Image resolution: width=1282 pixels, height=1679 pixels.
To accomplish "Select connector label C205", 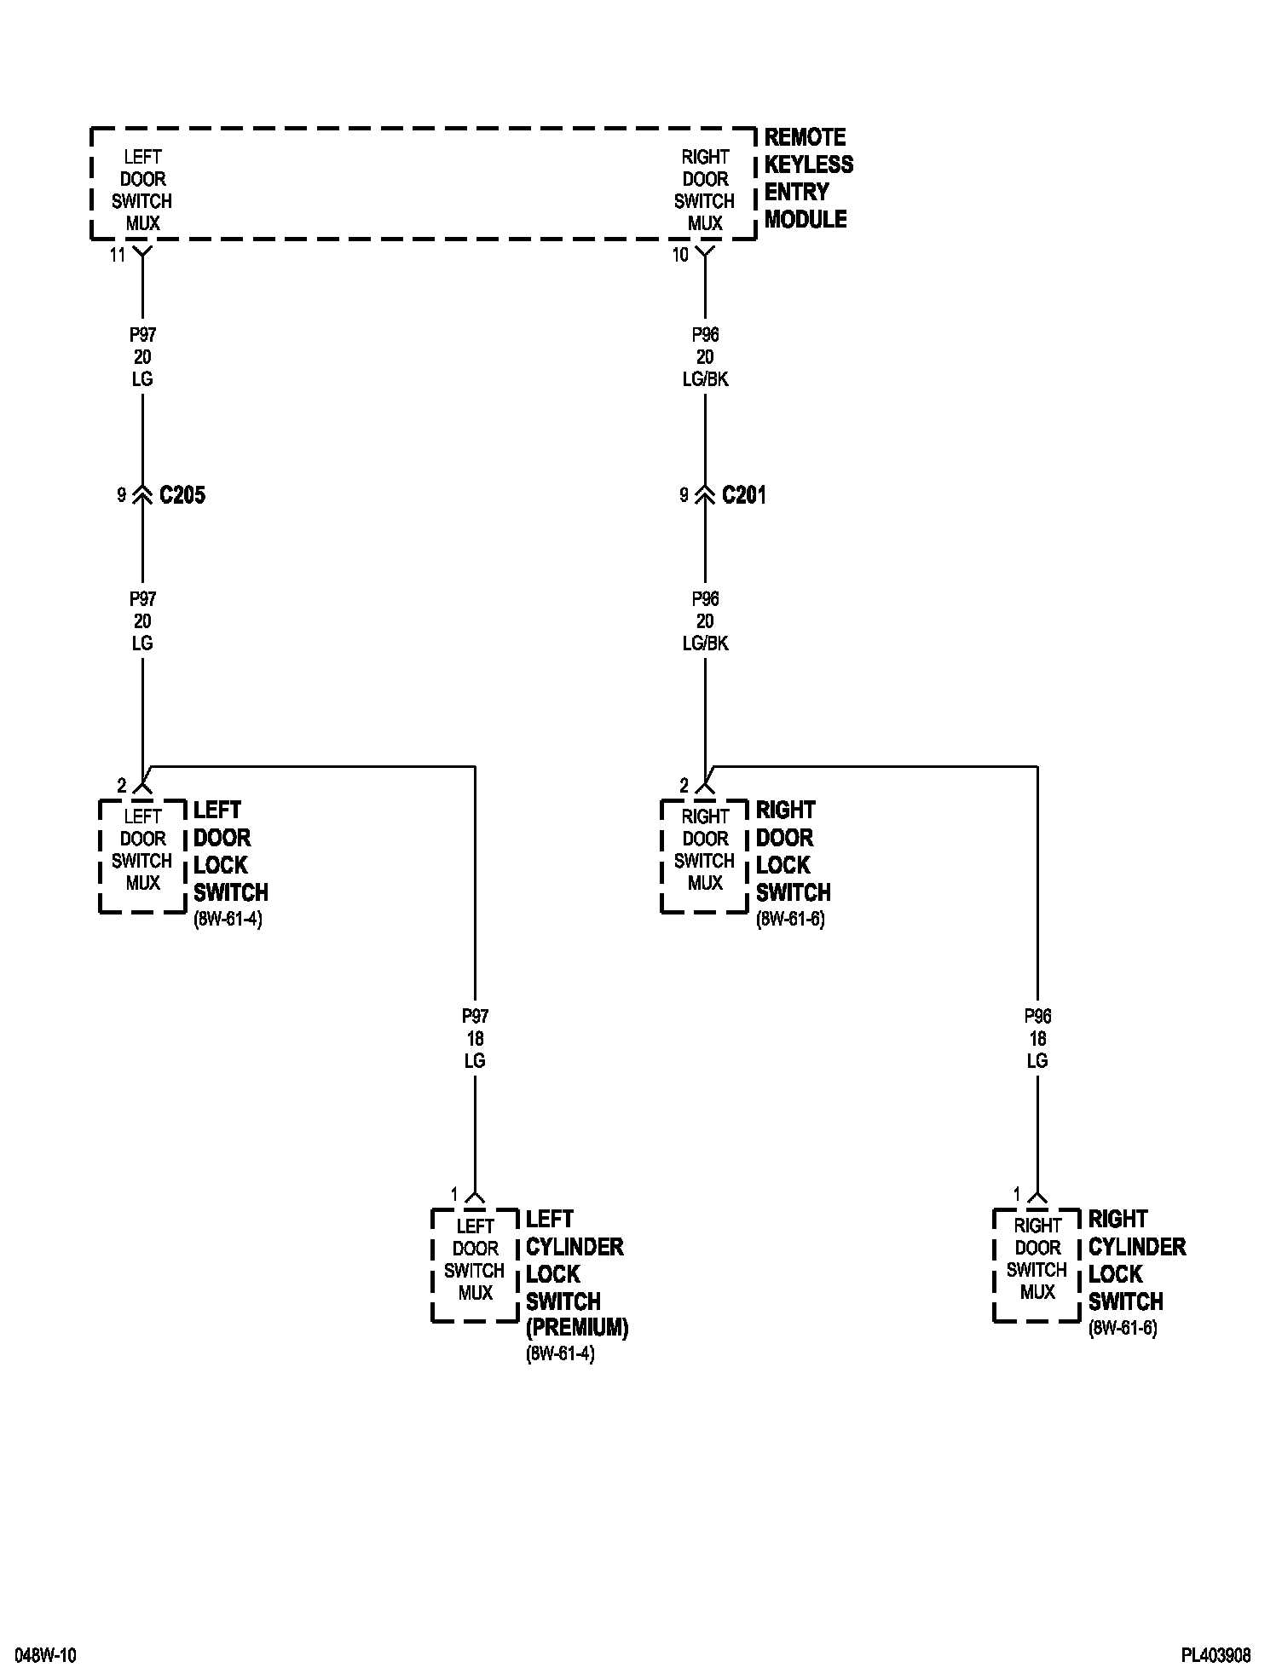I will (182, 495).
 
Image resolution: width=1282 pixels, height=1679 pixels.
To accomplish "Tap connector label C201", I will (744, 495).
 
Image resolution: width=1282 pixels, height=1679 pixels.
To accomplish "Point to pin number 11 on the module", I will (117, 255).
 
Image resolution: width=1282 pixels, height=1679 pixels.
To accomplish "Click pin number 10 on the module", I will (679, 255).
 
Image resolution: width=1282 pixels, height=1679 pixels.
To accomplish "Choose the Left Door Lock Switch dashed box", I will (142, 856).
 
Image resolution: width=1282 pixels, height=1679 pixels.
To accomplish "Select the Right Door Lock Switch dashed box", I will (705, 856).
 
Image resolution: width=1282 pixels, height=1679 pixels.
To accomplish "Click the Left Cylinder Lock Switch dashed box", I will (475, 1265).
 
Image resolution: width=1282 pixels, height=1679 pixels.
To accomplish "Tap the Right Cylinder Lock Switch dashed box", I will (1037, 1265).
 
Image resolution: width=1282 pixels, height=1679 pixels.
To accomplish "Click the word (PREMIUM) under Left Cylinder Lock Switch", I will (577, 1328).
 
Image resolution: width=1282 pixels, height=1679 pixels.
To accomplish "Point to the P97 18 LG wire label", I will (475, 1038).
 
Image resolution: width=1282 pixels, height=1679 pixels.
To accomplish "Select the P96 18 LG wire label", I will (1037, 1038).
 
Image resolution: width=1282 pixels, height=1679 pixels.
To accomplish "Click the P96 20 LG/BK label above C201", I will (705, 357).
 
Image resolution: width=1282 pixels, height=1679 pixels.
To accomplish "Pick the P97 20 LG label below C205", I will (142, 620).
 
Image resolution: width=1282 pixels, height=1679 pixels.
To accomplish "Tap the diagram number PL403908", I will (1216, 1655).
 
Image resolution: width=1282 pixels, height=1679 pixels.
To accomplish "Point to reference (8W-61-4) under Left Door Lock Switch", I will (228, 920).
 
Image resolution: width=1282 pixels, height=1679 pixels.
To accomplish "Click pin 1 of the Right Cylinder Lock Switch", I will (1016, 1194).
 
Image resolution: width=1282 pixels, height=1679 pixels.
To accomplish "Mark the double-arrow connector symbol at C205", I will (142, 495).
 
